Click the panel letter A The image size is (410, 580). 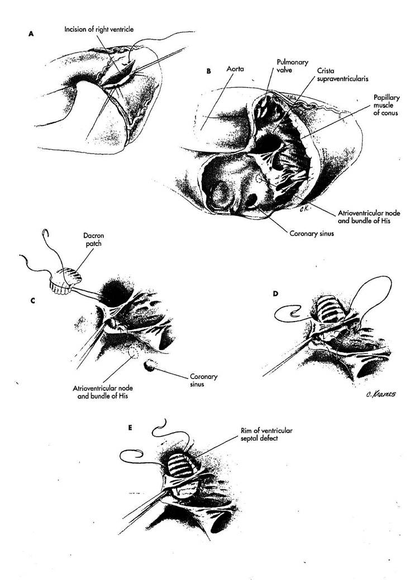31,33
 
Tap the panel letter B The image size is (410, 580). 208,71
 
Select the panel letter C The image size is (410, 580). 33,300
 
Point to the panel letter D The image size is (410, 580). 275,294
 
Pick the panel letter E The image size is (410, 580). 130,428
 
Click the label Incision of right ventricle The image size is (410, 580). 99,29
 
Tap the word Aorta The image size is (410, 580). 235,69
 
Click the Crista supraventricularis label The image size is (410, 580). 342,74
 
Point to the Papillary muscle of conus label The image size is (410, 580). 387,105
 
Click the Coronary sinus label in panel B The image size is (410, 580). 312,233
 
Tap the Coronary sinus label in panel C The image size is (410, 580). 204,380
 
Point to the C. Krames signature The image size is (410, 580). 381,394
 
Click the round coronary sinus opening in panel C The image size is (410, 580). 150,366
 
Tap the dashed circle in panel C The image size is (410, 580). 132,352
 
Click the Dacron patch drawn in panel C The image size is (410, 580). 66,281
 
